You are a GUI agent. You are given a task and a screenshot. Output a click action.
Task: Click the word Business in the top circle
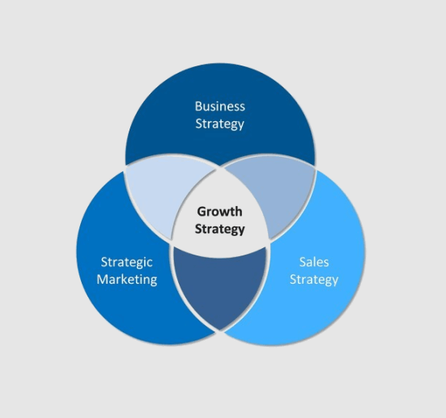tap(220, 106)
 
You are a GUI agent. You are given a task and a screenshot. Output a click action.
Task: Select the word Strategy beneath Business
tap(220, 124)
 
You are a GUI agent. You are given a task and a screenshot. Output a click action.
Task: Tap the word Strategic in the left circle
tap(127, 262)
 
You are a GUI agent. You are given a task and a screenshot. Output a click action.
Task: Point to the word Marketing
tap(127, 279)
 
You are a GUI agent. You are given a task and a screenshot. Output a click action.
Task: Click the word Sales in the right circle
tap(314, 262)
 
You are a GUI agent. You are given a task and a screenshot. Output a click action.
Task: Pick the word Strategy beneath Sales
tap(314, 280)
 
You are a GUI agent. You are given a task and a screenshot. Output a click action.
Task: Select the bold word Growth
tap(219, 211)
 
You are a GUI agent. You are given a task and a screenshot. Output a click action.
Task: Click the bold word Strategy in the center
tap(219, 229)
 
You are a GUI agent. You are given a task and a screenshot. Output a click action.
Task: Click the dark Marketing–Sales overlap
tap(220, 284)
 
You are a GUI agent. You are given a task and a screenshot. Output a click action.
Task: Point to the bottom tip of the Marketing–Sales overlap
tap(220, 330)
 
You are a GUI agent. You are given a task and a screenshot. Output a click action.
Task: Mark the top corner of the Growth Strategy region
tap(220, 168)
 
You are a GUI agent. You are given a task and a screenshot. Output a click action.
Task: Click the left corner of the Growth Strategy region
tap(172, 241)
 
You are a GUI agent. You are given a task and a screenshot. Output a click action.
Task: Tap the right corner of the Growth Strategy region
tap(268, 241)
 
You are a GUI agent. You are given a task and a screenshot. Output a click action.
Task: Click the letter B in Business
tap(198, 106)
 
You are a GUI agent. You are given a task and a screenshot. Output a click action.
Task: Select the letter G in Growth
tap(201, 211)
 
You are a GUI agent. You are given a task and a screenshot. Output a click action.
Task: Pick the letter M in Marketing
tap(103, 279)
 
